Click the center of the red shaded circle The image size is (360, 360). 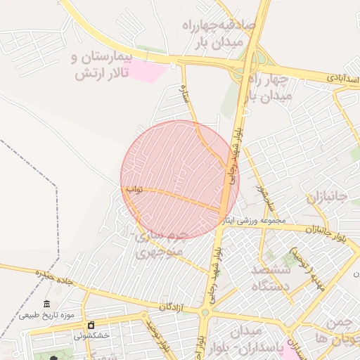[x=180, y=180]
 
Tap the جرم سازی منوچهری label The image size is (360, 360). [x=162, y=243]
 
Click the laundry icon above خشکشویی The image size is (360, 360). [x=92, y=325]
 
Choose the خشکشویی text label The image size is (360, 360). [x=92, y=335]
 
